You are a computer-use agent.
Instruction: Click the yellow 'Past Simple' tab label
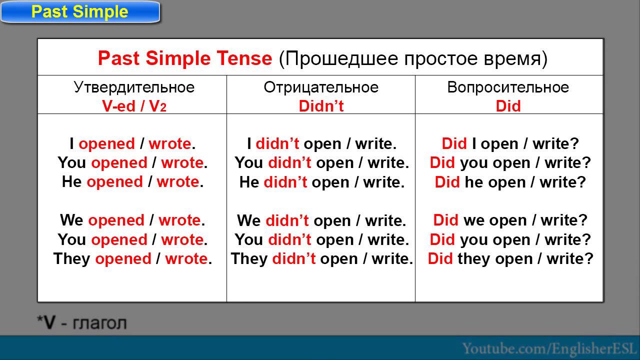coord(80,12)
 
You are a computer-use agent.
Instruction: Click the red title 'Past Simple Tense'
coord(185,58)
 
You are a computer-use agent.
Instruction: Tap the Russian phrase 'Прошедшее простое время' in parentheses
coord(413,58)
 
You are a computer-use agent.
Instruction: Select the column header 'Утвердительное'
coord(134,87)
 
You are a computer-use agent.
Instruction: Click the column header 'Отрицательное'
coord(321,87)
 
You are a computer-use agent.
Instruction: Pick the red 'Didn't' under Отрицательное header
coord(321,106)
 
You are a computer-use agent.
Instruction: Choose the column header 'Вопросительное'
coord(508,87)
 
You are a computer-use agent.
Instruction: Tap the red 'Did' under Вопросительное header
coord(508,106)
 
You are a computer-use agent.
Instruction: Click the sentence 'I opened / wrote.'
coord(132,144)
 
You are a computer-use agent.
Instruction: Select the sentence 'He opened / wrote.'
coord(132,182)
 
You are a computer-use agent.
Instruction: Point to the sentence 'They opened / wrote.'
coord(132,259)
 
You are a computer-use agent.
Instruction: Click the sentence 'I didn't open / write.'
coord(321,144)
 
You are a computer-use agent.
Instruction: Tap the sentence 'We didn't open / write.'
coord(321,220)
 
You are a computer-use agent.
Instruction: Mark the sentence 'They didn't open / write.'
coord(321,259)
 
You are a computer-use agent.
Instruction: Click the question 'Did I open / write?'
coord(510,144)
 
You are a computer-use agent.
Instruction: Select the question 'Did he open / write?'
coord(510,182)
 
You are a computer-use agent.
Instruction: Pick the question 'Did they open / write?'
coord(510,259)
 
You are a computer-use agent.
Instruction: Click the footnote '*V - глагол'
coord(82,323)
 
